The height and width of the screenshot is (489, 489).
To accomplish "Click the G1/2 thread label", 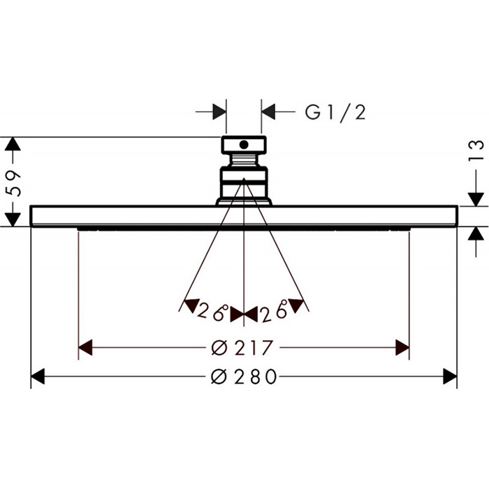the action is [335, 112].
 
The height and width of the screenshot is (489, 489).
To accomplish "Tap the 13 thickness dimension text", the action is [476, 152].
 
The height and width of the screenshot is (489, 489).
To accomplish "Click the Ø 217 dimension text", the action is [242, 348].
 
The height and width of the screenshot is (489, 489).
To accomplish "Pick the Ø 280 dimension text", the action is [244, 377].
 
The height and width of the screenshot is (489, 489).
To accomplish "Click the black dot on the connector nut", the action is [244, 145].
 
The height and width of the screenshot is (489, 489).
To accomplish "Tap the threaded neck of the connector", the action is [244, 160].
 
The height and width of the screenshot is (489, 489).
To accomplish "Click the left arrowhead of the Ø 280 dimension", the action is [38, 377].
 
